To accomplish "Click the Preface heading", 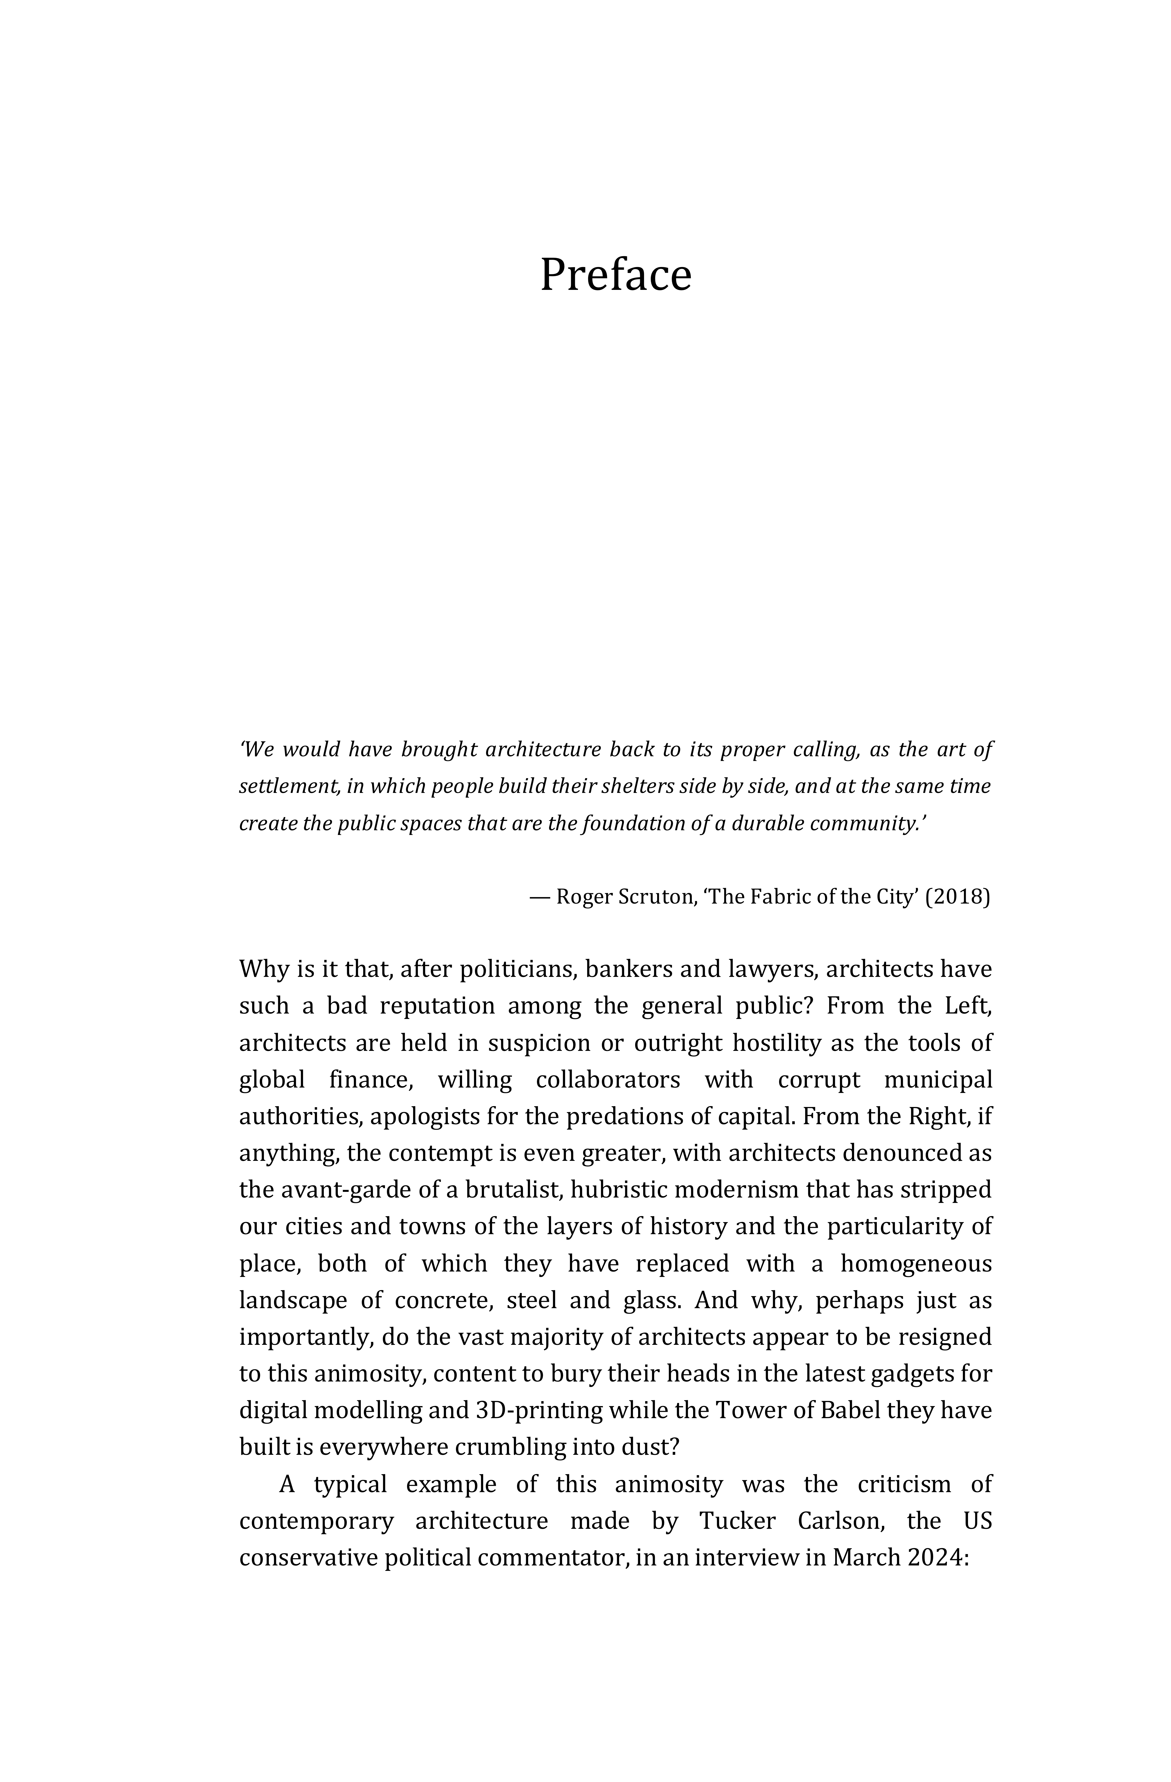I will click(x=615, y=275).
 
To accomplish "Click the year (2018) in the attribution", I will click(x=958, y=897).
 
